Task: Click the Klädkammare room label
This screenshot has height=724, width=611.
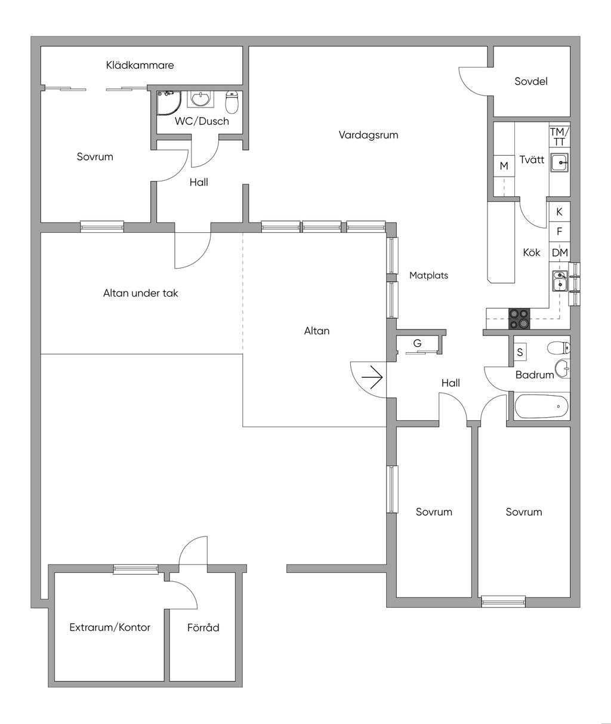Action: (140, 65)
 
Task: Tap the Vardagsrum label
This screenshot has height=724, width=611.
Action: (368, 135)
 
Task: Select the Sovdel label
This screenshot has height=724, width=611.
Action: (531, 82)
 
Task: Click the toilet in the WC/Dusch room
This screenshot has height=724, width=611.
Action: (232, 102)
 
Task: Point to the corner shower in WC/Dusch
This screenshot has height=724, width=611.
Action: (169, 103)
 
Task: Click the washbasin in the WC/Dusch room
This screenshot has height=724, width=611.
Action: (200, 99)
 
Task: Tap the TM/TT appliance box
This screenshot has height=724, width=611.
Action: (559, 137)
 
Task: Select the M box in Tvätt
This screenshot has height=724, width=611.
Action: (504, 166)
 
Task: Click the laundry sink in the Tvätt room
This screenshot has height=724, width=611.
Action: (559, 162)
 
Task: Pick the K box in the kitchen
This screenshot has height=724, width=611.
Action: (559, 212)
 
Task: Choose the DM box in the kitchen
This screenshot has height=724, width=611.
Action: (560, 252)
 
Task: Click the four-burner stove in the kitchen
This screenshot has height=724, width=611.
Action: (519, 319)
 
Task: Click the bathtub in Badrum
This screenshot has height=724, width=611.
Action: (541, 406)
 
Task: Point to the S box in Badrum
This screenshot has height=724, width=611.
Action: (520, 352)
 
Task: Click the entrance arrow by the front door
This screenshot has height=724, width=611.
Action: (372, 377)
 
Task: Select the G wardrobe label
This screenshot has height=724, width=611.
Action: (417, 343)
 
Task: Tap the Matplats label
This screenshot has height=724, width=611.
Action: (428, 275)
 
